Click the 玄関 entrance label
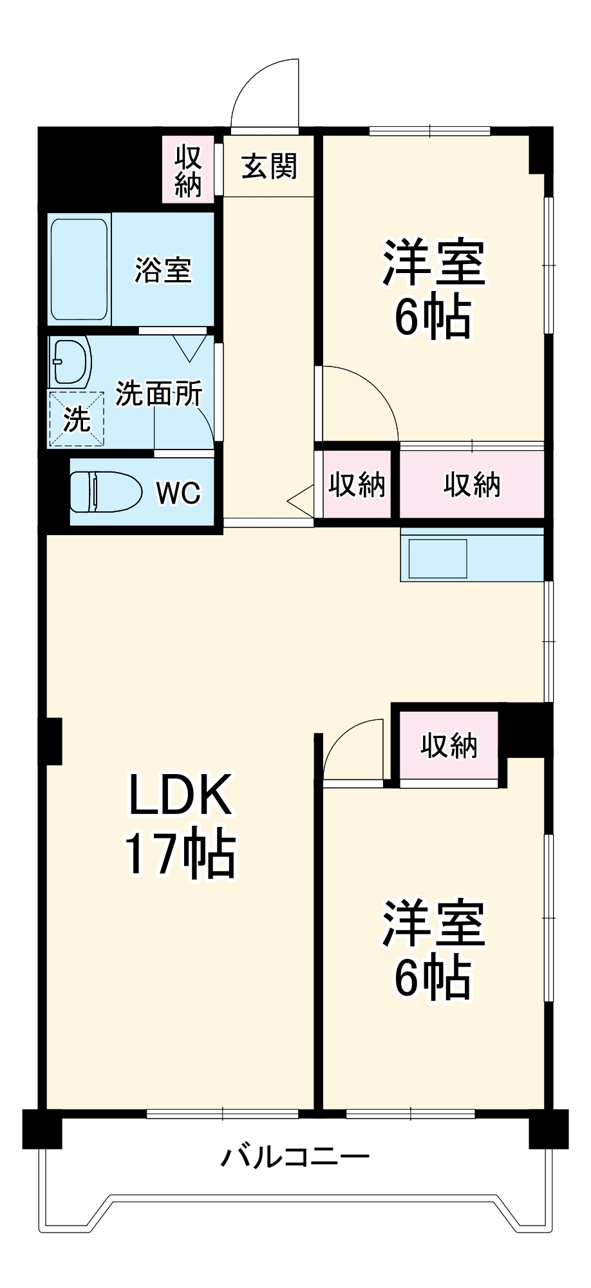pos(269,167)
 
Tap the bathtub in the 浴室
pos(79,269)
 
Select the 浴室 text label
pos(163,269)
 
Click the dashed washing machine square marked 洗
pos(77,419)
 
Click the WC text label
pos(178,493)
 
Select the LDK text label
pos(180,795)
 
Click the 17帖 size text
pos(180,855)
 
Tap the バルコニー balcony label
pos(295,1157)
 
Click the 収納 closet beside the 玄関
pos(188,170)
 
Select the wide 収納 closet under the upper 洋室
pos(471,484)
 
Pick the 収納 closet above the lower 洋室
pos(449,746)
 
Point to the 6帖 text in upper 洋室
pos(433,318)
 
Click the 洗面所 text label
pos(159,393)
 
